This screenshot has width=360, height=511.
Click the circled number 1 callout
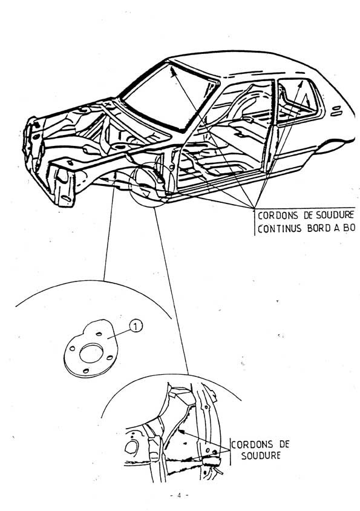(136, 326)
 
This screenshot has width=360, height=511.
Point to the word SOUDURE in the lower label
(261, 455)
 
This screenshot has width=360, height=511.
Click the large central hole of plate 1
(91, 353)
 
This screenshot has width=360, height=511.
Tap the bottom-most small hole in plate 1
(86, 371)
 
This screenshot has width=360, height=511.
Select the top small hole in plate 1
(99, 334)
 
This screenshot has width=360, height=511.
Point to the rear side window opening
(298, 97)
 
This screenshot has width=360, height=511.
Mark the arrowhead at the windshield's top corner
(172, 70)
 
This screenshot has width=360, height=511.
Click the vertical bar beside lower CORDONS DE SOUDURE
(230, 451)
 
